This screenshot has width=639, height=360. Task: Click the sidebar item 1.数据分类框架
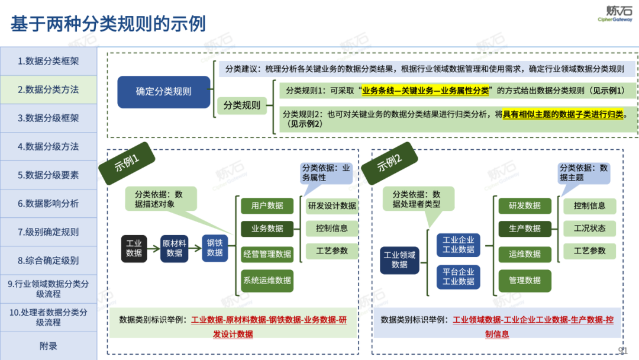click(x=49, y=61)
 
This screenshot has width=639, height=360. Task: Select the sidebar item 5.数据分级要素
click(x=49, y=175)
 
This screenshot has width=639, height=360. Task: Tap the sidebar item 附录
click(x=49, y=346)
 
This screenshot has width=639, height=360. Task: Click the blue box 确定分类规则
click(x=164, y=92)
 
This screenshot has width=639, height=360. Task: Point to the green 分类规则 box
click(x=241, y=105)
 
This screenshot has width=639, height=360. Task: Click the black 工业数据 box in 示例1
click(x=134, y=249)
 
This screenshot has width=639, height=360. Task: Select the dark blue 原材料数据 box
click(x=175, y=249)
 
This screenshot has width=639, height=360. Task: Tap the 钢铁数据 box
click(x=215, y=249)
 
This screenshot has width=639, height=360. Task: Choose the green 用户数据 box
click(x=267, y=205)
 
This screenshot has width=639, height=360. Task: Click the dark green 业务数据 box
click(x=267, y=229)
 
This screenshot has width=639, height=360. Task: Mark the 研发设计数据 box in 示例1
click(x=332, y=206)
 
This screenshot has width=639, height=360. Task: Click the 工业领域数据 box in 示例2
click(x=400, y=260)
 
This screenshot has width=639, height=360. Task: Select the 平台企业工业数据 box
click(x=459, y=277)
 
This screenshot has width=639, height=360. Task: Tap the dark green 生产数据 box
click(x=525, y=229)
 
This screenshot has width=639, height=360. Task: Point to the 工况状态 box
click(x=589, y=229)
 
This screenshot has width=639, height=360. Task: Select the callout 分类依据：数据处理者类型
click(x=418, y=199)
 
